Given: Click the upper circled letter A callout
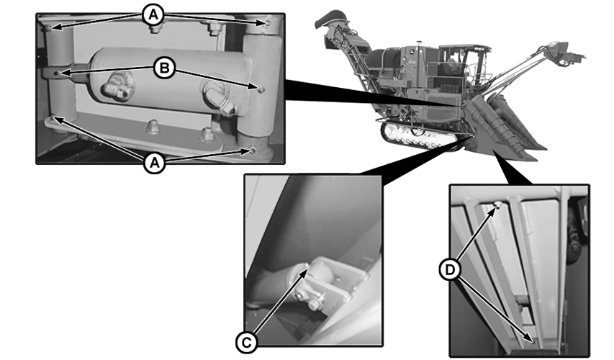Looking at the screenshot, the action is [x=153, y=15].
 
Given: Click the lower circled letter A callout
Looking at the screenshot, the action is [x=154, y=163].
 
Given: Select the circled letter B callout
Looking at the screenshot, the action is [x=164, y=68].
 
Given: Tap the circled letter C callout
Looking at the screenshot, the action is [x=246, y=343].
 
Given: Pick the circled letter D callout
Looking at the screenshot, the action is [x=450, y=269].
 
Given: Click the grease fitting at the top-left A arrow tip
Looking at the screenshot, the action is [x=48, y=28].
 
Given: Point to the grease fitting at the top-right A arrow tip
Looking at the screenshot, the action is [x=268, y=24].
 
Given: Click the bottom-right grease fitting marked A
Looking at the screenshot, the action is [x=253, y=150].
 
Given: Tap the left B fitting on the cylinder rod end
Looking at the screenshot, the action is [x=58, y=73].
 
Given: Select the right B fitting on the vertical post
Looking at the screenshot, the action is [x=261, y=90].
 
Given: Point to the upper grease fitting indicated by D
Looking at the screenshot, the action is [x=496, y=204].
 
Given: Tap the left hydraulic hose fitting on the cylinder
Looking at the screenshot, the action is [x=118, y=86].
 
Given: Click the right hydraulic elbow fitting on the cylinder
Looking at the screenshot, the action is [x=220, y=100].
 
